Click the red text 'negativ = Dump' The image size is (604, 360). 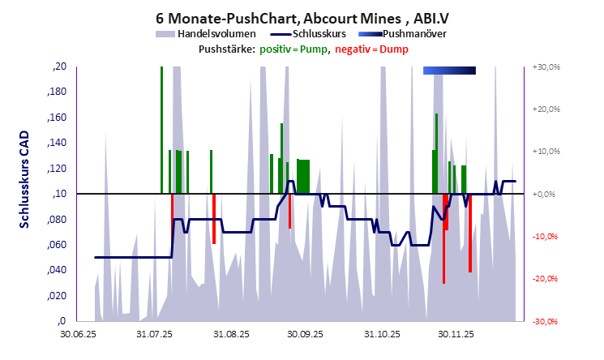click(x=375, y=49)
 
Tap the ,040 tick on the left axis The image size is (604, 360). click(x=57, y=270)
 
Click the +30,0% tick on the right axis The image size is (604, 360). click(x=548, y=67)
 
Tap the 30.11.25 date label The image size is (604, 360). click(x=456, y=333)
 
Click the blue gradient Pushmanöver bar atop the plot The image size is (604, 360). click(x=449, y=71)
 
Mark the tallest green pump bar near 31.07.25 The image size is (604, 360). click(x=161, y=130)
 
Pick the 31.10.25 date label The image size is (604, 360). click(x=381, y=333)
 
